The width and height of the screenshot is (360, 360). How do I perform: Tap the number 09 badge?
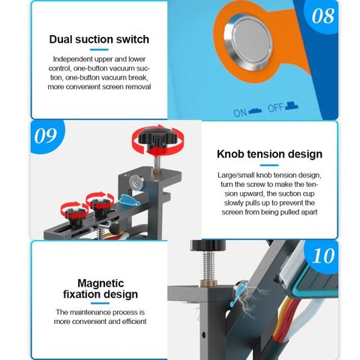coord(46,136)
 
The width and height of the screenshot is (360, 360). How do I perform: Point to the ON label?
coord(240,112)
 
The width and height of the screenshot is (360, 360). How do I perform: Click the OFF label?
coord(276,108)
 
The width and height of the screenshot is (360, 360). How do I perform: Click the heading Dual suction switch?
coord(99,39)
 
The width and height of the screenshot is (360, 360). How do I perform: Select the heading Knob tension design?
coord(269,154)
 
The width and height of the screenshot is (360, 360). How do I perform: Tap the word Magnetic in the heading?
coord(100,283)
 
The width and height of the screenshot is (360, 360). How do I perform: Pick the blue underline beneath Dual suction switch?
coord(99,49)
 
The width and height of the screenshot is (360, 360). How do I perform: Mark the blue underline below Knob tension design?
coord(269,165)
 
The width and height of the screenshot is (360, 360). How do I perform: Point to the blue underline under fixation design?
coord(100,304)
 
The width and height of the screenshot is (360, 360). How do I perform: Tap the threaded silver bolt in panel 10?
coord(208,265)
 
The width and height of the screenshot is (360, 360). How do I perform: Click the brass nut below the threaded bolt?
coord(208,283)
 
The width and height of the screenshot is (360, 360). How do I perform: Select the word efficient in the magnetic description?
coord(134,321)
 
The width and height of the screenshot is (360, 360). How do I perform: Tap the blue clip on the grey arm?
coord(128,200)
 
